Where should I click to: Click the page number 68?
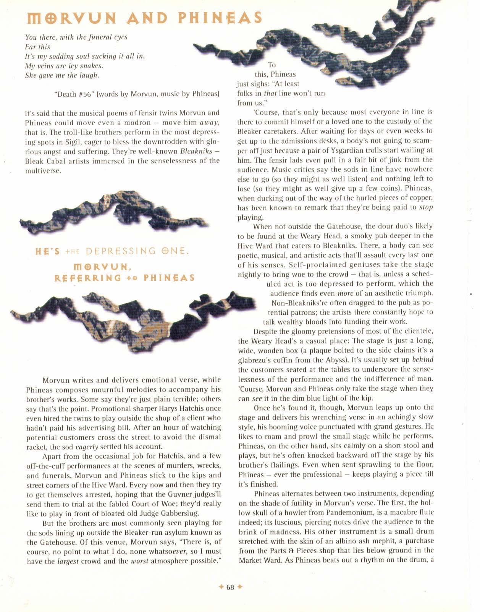pos(230,587)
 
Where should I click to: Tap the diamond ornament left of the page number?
pos(221,587)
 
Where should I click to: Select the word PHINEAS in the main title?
pos(221,18)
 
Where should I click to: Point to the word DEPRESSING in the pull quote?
pos(121,251)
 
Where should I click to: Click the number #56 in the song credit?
pos(87,94)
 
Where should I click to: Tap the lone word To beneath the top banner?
pos(272,65)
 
